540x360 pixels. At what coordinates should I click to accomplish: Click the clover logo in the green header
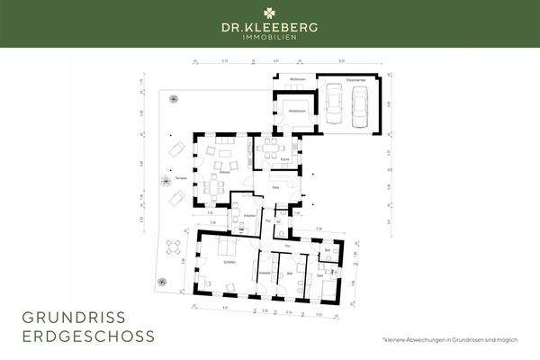269,13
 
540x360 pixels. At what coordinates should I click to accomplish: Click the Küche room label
283,159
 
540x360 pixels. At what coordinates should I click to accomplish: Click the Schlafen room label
217,261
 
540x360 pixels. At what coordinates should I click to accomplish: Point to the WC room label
279,221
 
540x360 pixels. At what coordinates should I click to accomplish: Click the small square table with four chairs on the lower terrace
177,247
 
